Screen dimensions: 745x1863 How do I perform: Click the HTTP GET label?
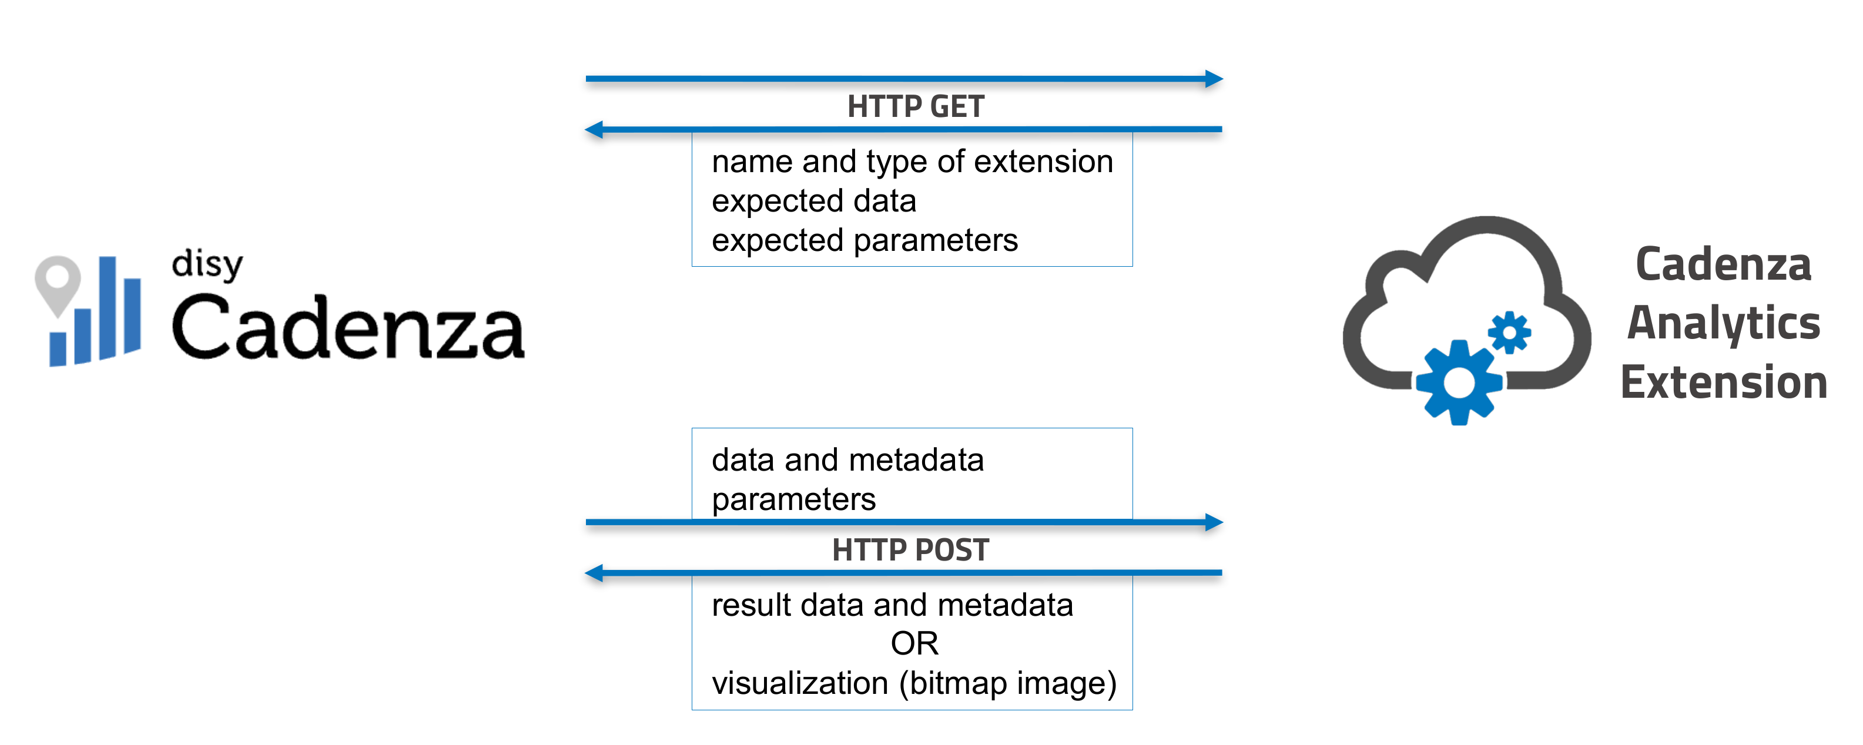[915, 106]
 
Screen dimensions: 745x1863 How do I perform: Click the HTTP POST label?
[910, 550]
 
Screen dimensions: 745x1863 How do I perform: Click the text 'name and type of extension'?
[912, 162]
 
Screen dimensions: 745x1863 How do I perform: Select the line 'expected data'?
[813, 201]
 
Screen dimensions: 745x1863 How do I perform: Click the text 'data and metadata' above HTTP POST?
[847, 460]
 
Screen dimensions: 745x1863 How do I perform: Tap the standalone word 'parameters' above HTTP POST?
[793, 499]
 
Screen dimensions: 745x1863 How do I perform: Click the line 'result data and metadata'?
[892, 605]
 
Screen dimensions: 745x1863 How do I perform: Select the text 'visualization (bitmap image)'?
[913, 683]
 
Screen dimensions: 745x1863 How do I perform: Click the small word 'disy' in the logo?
[207, 265]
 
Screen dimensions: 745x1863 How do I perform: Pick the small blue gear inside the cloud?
[1509, 333]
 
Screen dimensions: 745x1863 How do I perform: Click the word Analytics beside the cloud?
[1723, 323]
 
